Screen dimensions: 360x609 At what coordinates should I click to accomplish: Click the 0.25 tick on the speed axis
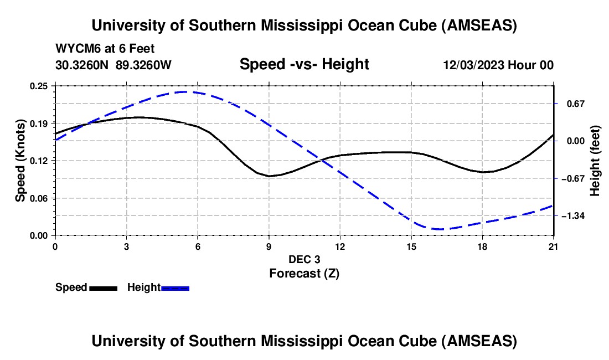[40, 86]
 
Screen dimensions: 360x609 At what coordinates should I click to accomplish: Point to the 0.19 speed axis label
[40, 123]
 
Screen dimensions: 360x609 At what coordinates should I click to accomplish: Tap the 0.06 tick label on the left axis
[40, 198]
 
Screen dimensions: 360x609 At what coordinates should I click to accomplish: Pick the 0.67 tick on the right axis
[574, 104]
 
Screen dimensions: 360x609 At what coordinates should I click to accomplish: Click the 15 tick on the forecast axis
[411, 246]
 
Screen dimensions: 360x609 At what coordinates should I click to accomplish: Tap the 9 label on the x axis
[269, 246]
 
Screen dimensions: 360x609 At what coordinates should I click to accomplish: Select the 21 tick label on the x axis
[554, 246]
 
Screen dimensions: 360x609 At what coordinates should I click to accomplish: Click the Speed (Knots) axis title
[20, 161]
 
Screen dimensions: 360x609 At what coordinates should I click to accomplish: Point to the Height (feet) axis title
[595, 161]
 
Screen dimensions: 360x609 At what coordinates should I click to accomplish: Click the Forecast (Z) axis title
[304, 273]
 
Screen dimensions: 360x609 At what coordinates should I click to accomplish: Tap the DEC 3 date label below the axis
[304, 259]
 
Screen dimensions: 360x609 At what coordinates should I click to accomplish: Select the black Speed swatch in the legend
[103, 288]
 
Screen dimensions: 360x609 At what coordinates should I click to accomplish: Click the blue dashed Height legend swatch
[176, 288]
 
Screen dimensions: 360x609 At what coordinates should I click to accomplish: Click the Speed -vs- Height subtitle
[304, 64]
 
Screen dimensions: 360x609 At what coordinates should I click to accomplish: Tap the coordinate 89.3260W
[144, 65]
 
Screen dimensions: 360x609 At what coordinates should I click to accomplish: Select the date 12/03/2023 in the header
[473, 65]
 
